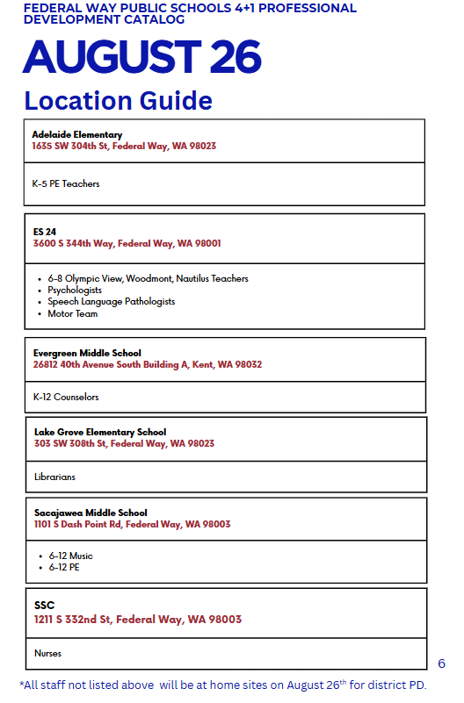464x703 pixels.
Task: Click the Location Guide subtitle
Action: pyautogui.click(x=118, y=101)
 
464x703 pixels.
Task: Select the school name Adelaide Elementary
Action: pyautogui.click(x=76, y=134)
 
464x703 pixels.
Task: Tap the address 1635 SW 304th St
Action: pyautogui.click(x=123, y=146)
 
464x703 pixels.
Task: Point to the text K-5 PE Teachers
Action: pyautogui.click(x=66, y=184)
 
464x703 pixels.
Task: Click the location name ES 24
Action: pyautogui.click(x=44, y=232)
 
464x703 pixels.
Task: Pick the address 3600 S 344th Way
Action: pyautogui.click(x=127, y=243)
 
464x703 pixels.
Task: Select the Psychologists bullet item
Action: pyautogui.click(x=75, y=290)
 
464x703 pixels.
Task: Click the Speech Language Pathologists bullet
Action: pyautogui.click(x=111, y=301)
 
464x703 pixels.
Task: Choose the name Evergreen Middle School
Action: pyautogui.click(x=87, y=353)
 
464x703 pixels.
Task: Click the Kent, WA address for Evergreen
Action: pyautogui.click(x=147, y=364)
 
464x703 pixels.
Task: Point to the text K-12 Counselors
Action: pyautogui.click(x=66, y=397)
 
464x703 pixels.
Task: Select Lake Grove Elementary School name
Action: pyautogui.click(x=100, y=432)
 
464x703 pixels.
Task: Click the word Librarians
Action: pyautogui.click(x=54, y=477)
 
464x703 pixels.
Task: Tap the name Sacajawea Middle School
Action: pyautogui.click(x=91, y=513)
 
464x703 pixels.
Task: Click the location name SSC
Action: pyautogui.click(x=44, y=606)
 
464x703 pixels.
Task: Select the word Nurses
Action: pyautogui.click(x=47, y=654)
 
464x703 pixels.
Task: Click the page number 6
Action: pyautogui.click(x=441, y=664)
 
